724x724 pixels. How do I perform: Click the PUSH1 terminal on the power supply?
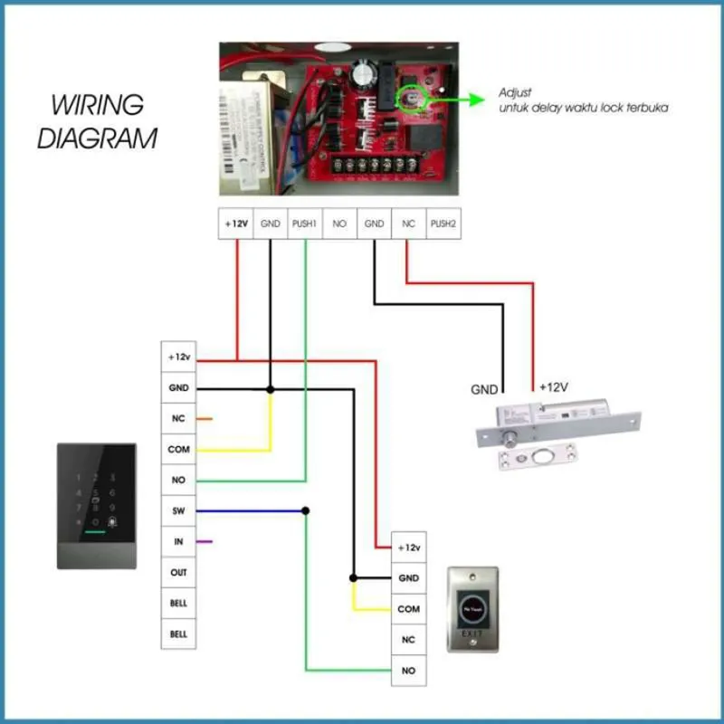305,223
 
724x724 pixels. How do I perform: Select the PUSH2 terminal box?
443,223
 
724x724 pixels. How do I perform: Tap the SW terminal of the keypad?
178,511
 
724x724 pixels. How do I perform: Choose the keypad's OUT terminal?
178,573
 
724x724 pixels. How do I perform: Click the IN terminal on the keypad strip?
178,542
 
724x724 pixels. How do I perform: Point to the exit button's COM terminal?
408,609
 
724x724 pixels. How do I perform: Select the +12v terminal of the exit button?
408,548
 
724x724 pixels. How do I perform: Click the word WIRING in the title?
97,104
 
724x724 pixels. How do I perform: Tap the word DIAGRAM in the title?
98,139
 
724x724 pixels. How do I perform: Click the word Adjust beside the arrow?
515,93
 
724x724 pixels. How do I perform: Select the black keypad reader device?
97,506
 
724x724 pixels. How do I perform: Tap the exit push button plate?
472,609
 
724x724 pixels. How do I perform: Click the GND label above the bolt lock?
484,390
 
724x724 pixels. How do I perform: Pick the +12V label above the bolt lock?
553,387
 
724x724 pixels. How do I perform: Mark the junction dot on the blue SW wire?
306,511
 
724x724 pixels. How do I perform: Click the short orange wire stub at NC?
205,419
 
